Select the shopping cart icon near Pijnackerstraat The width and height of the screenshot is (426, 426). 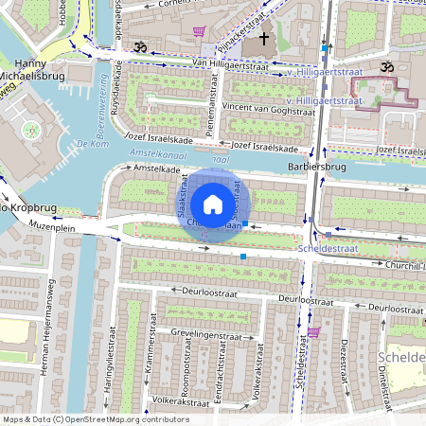tap(199, 31)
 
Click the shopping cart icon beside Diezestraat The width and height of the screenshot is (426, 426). tap(313, 331)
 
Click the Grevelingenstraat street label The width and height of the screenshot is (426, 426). tap(206, 334)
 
